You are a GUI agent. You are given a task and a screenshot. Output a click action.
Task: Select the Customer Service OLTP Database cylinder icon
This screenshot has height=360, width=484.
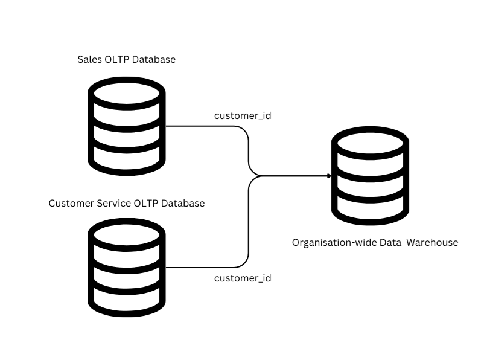(x=126, y=268)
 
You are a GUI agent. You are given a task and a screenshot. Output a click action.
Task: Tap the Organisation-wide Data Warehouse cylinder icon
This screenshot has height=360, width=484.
(x=370, y=176)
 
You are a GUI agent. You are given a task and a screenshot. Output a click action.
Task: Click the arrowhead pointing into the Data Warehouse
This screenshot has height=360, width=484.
(x=329, y=176)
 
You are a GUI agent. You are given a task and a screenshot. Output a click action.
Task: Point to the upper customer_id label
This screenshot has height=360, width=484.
(x=243, y=115)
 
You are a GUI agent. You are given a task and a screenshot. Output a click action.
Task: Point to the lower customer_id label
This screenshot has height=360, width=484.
(x=243, y=278)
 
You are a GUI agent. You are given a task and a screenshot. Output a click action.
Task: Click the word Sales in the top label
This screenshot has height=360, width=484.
(x=89, y=59)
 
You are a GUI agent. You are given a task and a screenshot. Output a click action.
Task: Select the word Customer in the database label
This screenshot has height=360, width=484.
(x=71, y=203)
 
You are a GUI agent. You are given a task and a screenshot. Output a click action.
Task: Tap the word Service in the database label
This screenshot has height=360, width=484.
(x=114, y=203)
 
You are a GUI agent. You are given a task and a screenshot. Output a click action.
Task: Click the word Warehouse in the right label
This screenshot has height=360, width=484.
(x=431, y=243)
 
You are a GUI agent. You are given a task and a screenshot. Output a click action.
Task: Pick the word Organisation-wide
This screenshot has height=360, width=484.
(x=334, y=243)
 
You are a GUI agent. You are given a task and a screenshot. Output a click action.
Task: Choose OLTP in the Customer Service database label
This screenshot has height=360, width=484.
(x=147, y=203)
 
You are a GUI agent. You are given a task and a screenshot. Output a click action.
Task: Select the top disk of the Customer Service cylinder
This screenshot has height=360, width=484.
(x=126, y=234)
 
